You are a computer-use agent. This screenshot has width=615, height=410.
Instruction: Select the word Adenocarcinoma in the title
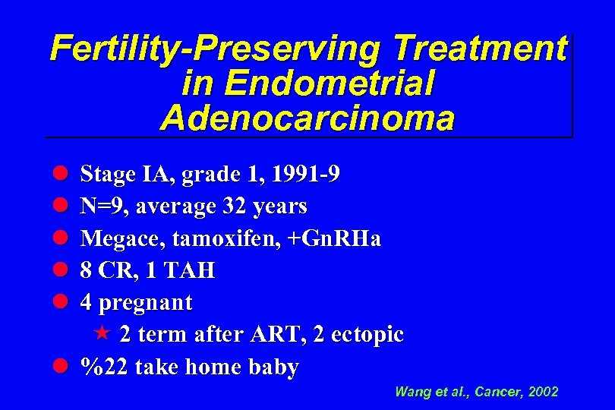click(x=307, y=119)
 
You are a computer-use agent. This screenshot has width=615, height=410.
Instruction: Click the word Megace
click(x=123, y=239)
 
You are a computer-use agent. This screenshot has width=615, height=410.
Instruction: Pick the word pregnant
click(x=146, y=303)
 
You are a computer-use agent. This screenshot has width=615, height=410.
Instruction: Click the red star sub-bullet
click(x=104, y=334)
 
